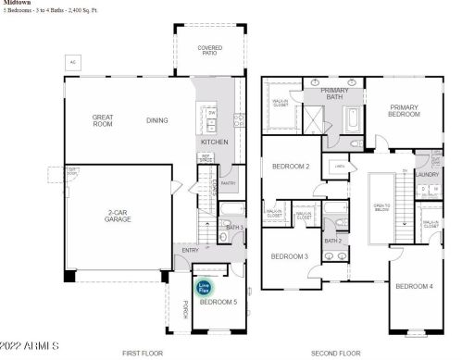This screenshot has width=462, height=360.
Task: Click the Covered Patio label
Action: [210, 51]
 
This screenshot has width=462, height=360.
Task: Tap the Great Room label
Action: [103, 120]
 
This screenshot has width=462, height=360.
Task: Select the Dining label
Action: [157, 120]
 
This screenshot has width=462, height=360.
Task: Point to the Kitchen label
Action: [214, 142]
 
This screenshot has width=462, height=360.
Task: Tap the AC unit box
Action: [72, 61]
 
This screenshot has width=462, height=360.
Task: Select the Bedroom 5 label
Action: [219, 303]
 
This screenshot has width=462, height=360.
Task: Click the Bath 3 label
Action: [234, 227]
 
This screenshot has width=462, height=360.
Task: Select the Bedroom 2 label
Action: [290, 167]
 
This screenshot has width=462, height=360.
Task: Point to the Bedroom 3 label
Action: [289, 256]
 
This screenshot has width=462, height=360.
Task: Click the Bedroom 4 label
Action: [414, 286]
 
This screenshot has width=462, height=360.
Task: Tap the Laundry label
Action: [427, 174]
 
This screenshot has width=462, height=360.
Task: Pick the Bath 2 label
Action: [333, 241]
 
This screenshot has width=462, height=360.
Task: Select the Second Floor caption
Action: [334, 354]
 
